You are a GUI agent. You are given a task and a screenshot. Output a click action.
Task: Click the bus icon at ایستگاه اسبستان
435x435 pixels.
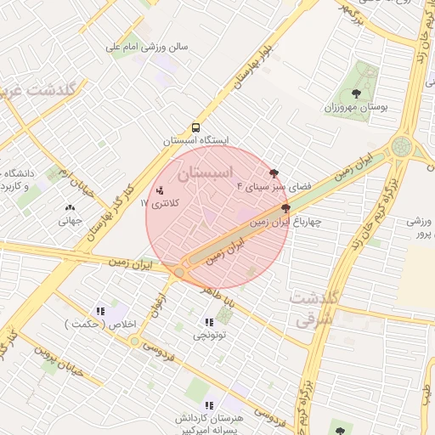pyautogui.click(x=196, y=128)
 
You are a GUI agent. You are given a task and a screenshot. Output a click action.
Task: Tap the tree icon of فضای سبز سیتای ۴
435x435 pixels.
pyautogui.click(x=274, y=173)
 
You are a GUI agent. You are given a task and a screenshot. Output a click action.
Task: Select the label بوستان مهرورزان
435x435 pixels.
pyautogui.click(x=356, y=108)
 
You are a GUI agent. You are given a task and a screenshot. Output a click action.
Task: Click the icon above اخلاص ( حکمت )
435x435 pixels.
pyautogui.click(x=100, y=311)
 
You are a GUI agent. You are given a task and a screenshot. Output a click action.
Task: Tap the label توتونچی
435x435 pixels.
pyautogui.click(x=210, y=335)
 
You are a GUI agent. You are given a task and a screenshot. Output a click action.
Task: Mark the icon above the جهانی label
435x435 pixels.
pyautogui.click(x=70, y=206)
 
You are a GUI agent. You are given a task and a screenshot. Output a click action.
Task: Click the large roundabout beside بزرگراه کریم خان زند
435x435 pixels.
pyautogui.click(x=401, y=147)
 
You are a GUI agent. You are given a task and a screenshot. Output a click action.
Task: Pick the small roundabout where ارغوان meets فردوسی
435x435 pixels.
pyautogui.click(x=135, y=341)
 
